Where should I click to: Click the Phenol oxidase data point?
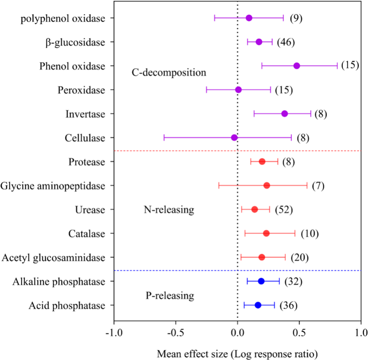[x=297, y=66]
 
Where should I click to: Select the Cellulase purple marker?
[x=234, y=138]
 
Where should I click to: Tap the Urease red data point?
[x=255, y=209]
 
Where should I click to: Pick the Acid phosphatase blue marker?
[x=258, y=305]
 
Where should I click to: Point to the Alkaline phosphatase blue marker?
[x=261, y=281]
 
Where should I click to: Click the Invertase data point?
[x=284, y=114]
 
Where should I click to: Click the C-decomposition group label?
[x=169, y=72]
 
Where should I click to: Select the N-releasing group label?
[x=169, y=210]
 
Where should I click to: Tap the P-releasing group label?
[x=170, y=296]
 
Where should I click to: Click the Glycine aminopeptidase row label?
[x=52, y=186]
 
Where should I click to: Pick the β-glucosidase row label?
[x=75, y=42]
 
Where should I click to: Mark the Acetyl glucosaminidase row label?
[x=53, y=258]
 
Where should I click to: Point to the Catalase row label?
[x=86, y=234]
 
